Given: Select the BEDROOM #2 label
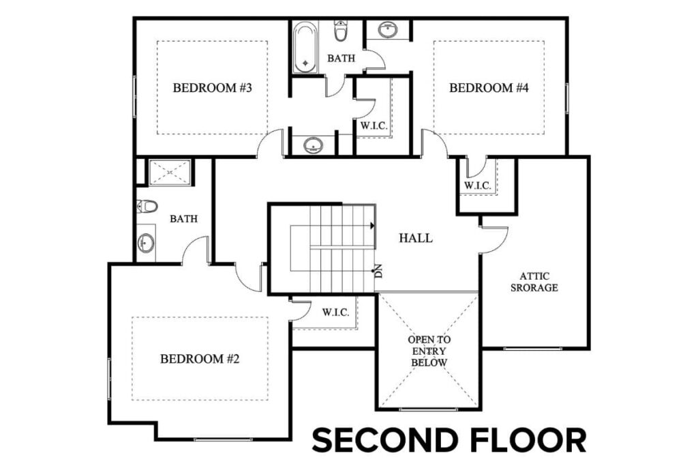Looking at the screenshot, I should coord(199,358).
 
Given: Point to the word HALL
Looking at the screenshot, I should coord(416,238).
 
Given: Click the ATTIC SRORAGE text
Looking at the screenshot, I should coord(538,282).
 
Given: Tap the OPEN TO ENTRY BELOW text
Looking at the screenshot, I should coord(429,351).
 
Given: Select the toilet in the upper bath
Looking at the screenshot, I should coord(342,31).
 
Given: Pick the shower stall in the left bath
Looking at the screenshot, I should coord(169,173).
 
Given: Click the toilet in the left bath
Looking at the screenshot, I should coord(147,205).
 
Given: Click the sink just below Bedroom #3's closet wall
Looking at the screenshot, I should coord(313,145).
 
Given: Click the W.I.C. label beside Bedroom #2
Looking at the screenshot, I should coord(335,312).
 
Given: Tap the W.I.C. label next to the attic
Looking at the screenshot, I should coord(477,185).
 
